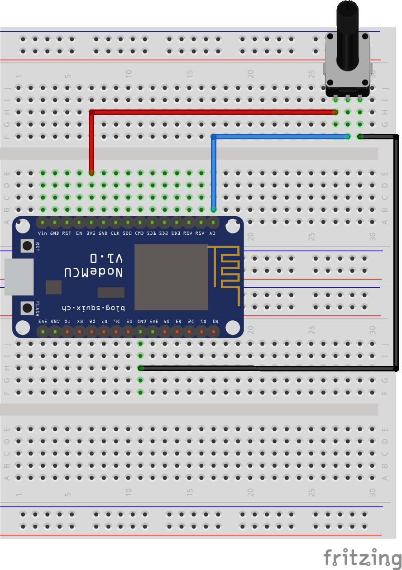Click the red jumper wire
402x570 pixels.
point(213,112)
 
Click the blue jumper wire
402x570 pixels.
point(281,136)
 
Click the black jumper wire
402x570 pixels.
point(397,253)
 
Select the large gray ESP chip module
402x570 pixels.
point(171,277)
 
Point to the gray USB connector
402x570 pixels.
point(19,277)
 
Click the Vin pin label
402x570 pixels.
point(43,233)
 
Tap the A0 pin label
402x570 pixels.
point(213,233)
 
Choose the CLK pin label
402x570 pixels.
point(115,233)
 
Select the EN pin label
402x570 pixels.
point(79,233)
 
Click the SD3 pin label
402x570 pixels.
point(176,233)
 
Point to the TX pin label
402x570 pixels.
point(67,321)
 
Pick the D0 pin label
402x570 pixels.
point(215,321)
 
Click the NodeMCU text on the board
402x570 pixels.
point(93,272)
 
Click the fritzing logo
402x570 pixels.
point(362,556)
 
